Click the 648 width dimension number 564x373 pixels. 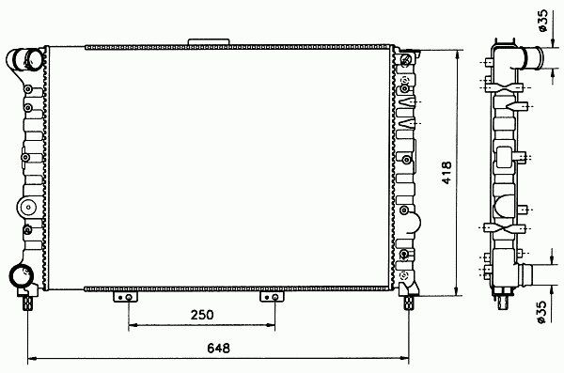218,348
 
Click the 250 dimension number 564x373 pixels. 202,315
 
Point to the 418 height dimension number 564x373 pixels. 446,173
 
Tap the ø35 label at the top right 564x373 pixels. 542,21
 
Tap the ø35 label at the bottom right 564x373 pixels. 542,312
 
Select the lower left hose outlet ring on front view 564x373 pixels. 21,275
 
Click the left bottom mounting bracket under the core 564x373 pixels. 126,297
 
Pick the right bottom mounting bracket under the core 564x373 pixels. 272,297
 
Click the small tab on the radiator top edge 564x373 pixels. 209,41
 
